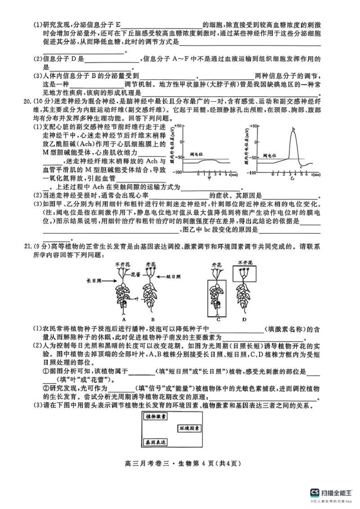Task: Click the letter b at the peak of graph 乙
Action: pos(293,130)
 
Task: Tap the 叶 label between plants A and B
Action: pos(135,297)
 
